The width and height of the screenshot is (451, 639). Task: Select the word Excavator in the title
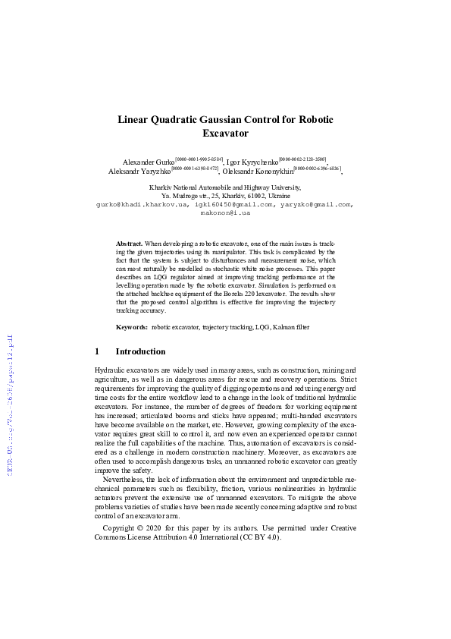point(226,134)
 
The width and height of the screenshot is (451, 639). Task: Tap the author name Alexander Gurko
point(148,162)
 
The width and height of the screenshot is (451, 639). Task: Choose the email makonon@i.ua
point(225,213)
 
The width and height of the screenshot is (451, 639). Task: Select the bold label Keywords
point(132,327)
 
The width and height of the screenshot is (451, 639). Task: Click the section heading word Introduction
point(140,352)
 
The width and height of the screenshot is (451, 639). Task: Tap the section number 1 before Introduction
point(97,352)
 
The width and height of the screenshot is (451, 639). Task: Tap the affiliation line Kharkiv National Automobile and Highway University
point(226,187)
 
